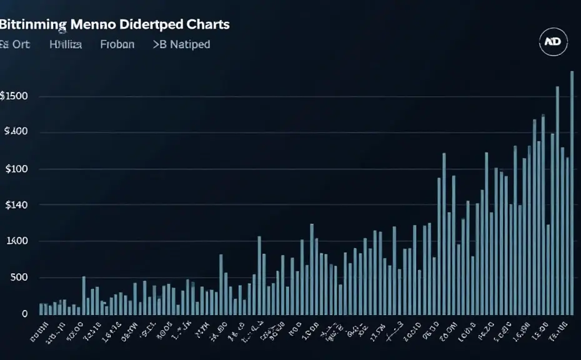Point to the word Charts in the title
207,24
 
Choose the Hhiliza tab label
66,44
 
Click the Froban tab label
117,44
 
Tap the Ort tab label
24,44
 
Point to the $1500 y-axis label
13,96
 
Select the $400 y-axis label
14,132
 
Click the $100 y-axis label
14,169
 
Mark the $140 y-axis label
14,205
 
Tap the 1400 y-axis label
15,241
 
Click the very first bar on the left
41,308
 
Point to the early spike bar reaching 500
84,295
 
